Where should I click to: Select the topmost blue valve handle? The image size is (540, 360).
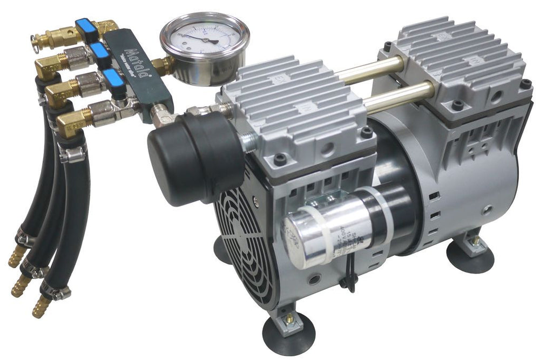(x=85, y=26)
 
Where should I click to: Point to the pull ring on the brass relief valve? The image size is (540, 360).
(x=36, y=38)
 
